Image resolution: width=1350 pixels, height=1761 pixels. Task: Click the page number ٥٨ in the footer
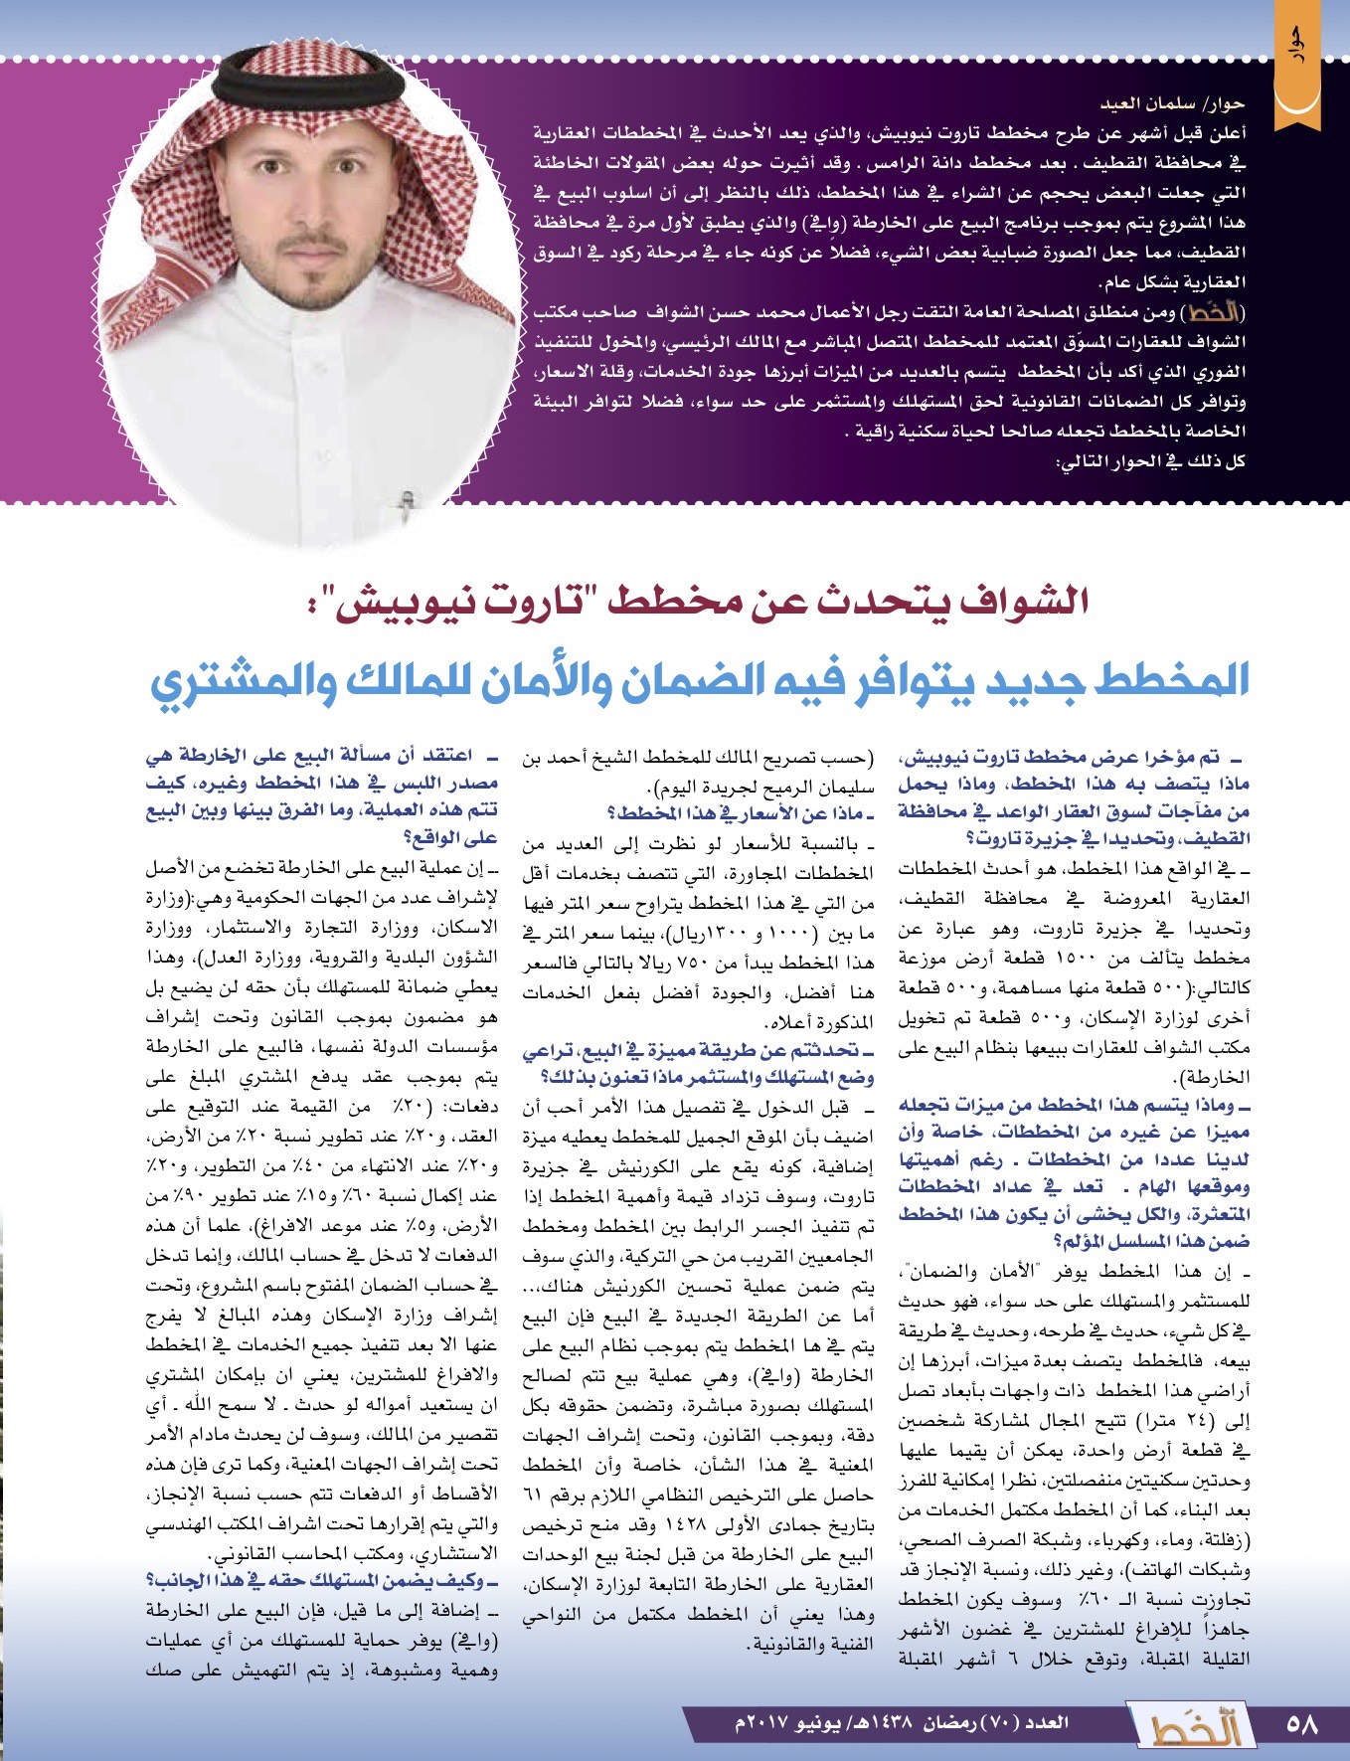1300,1724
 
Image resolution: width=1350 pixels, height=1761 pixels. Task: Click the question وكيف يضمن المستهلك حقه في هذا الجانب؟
323,1581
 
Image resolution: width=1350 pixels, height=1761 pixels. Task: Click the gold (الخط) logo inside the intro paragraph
1214,312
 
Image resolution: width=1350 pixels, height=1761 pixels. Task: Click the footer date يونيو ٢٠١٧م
784,1722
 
